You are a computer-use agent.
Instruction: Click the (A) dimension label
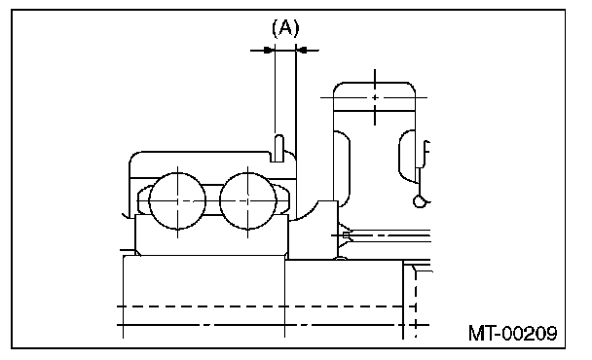coord(285,28)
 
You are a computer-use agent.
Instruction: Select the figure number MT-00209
coord(512,333)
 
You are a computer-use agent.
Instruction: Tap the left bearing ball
coord(177,200)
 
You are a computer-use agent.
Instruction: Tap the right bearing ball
coord(248,200)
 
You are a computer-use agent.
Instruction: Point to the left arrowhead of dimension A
coord(269,50)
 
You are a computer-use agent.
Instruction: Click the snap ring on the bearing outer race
coord(279,148)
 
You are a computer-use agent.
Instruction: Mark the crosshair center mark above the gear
coord(375,97)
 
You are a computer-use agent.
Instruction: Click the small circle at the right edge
coord(419,201)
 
